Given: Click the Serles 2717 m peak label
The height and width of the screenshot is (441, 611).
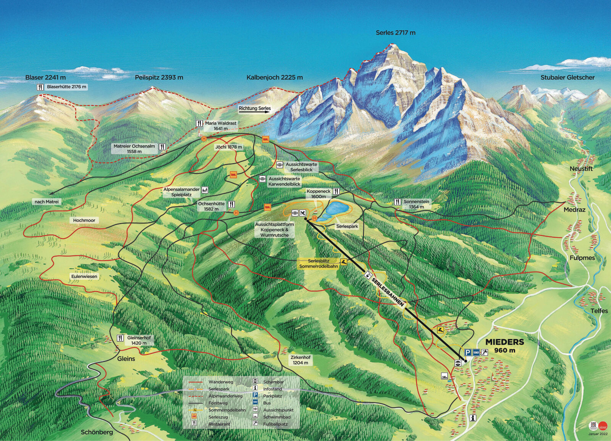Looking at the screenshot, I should (395, 33).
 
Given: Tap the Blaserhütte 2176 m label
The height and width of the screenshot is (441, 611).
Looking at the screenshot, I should (66, 87).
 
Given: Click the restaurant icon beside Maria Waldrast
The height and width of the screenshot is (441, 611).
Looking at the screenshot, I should (199, 124).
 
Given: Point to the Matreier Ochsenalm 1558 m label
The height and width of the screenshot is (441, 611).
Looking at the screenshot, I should (134, 149).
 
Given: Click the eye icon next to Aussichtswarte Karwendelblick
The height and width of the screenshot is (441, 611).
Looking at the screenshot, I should (262, 179).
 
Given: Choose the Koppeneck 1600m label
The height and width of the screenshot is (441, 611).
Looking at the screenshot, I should (318, 194).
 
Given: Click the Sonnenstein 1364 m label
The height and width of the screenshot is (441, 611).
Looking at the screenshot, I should (416, 204).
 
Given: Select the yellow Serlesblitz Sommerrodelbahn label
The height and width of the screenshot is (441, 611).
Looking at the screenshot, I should (318, 264).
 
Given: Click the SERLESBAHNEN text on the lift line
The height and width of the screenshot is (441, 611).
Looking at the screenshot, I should (387, 292).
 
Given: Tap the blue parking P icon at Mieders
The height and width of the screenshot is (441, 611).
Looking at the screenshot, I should (467, 352).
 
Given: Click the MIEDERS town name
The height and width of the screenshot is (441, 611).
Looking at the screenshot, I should (504, 342).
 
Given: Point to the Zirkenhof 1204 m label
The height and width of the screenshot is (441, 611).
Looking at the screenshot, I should (301, 360).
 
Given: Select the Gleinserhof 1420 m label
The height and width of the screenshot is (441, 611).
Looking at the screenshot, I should (139, 340).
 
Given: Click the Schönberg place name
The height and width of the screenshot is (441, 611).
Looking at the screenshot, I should (97, 432).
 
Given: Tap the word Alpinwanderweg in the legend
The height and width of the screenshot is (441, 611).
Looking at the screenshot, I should (225, 396).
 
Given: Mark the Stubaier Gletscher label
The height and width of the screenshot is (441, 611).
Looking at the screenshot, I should (567, 77).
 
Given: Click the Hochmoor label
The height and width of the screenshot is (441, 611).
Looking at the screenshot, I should (84, 220).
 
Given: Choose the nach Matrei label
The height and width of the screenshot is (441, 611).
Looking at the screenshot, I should (47, 202).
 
